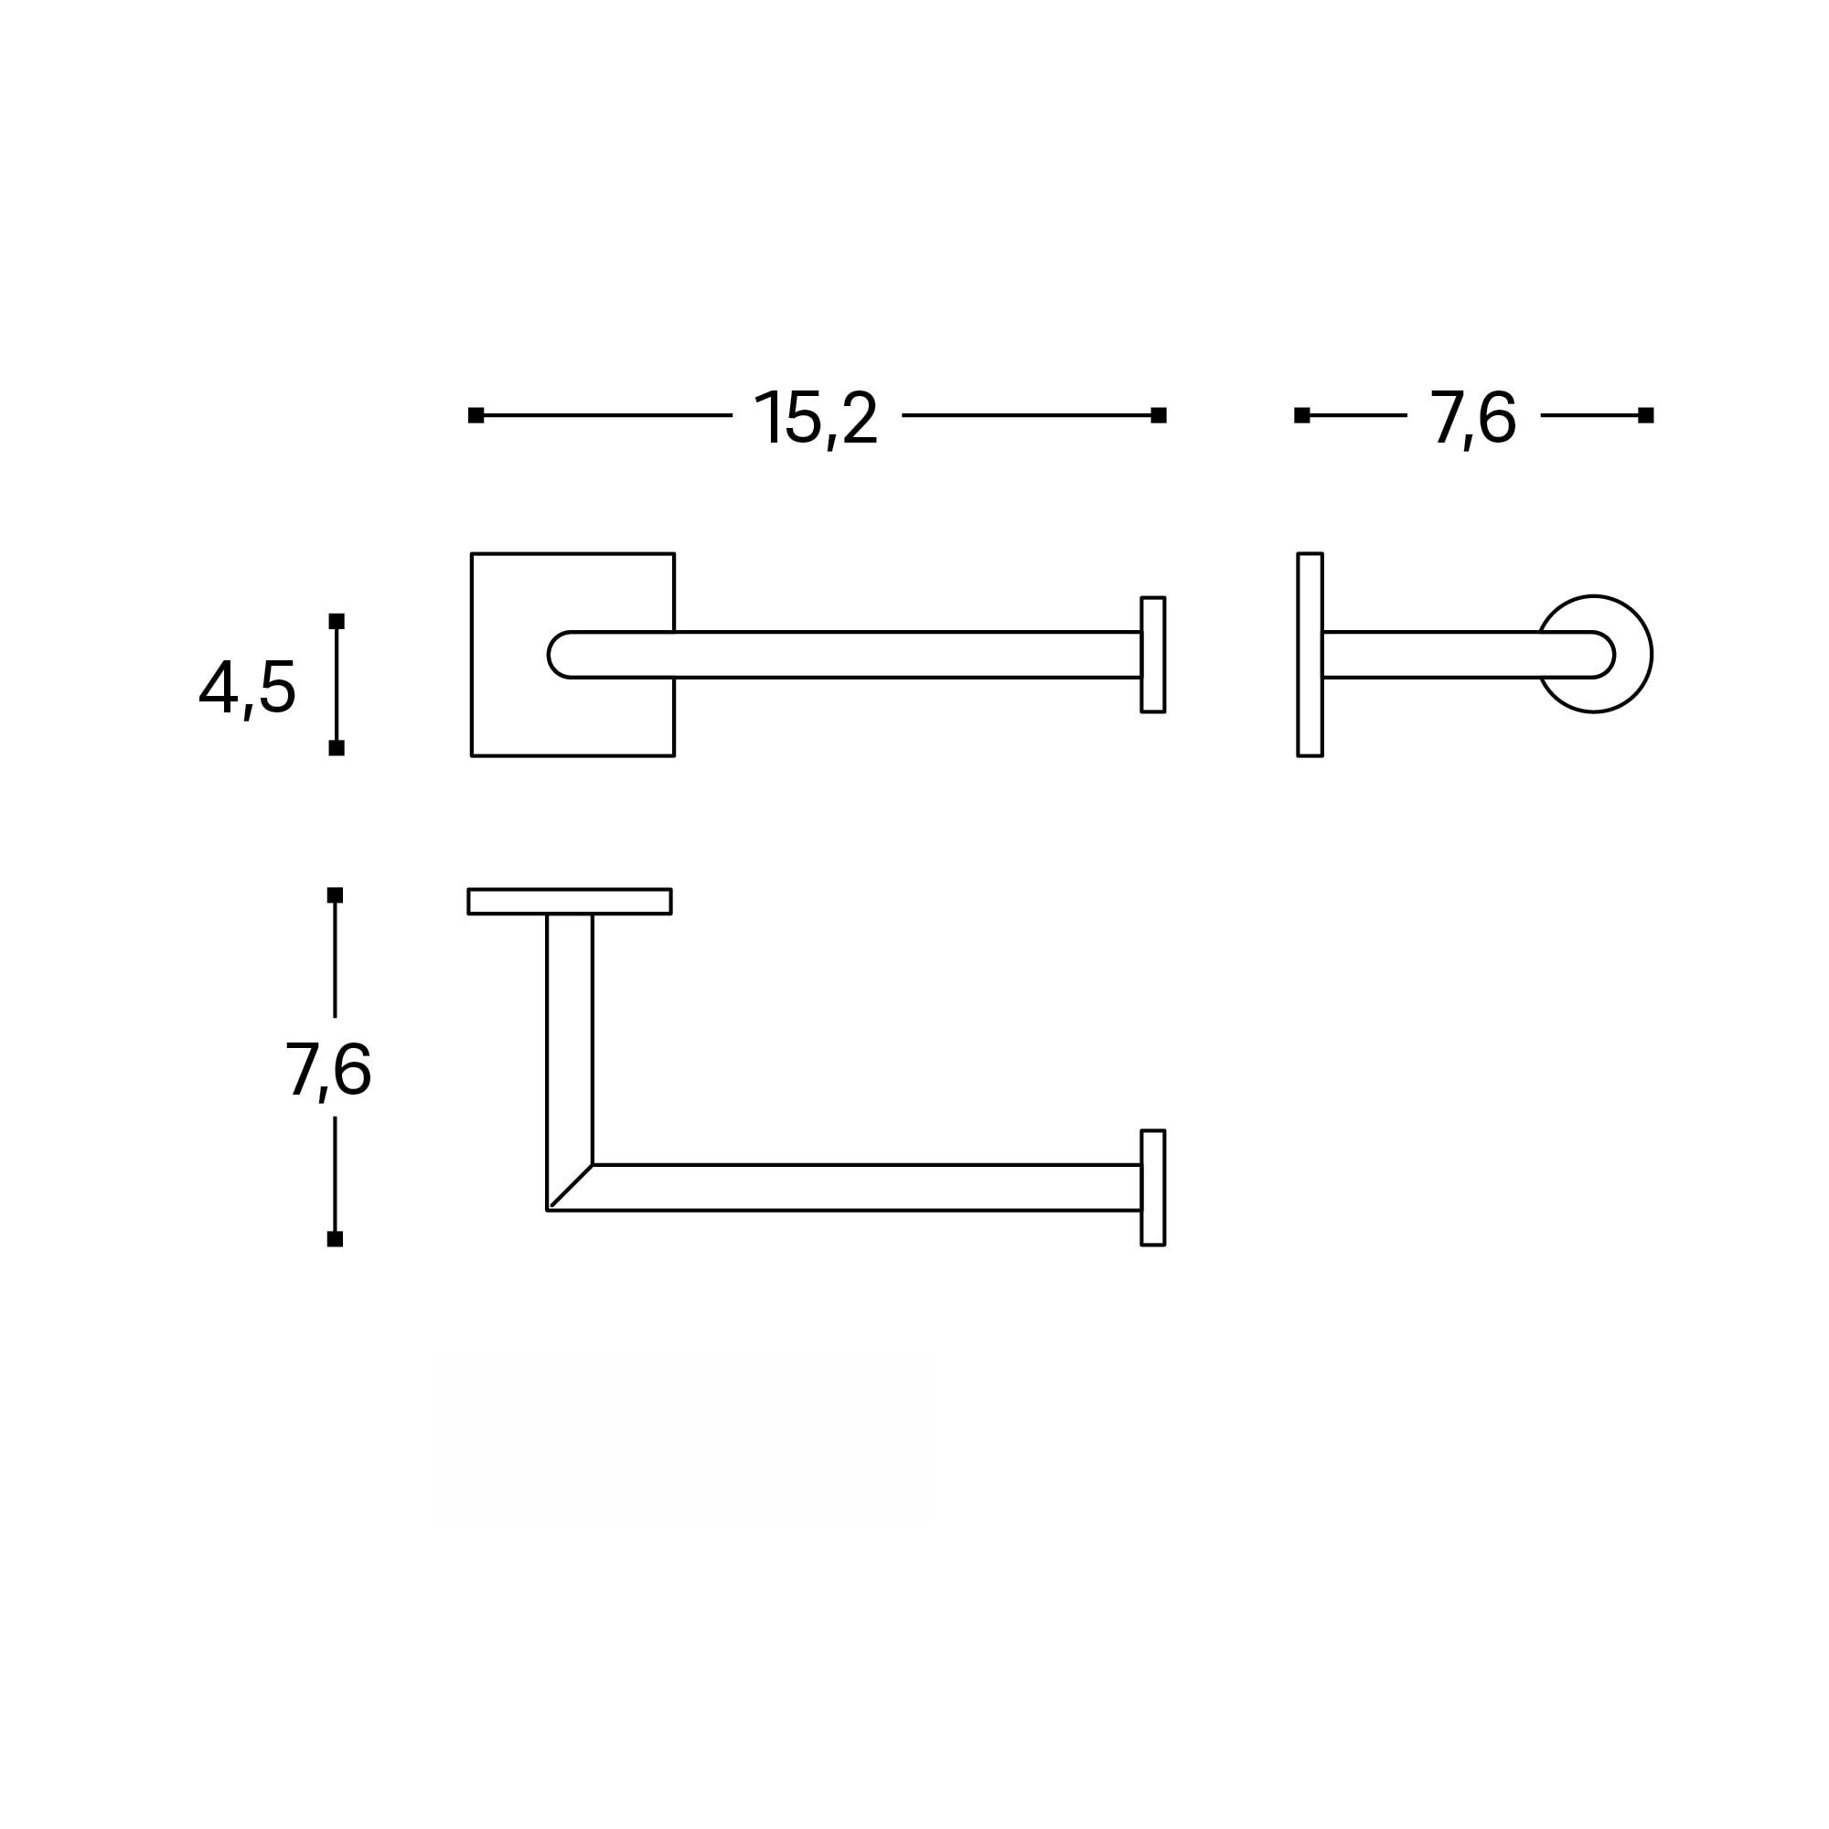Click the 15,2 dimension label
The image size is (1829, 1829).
tap(816, 418)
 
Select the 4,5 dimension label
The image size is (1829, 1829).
tap(247, 689)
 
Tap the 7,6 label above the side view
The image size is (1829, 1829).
tap(1472, 418)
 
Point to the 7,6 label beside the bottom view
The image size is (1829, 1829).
tap(327, 1070)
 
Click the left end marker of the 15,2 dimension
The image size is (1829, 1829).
tap(476, 415)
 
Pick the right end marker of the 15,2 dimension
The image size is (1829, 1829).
tap(1159, 415)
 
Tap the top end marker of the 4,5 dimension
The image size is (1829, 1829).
tap(336, 621)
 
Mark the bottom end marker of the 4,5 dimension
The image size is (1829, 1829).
tap(336, 748)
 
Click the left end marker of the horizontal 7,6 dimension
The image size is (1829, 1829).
tap(1301, 415)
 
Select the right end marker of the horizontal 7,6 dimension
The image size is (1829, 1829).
tap(1646, 415)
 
